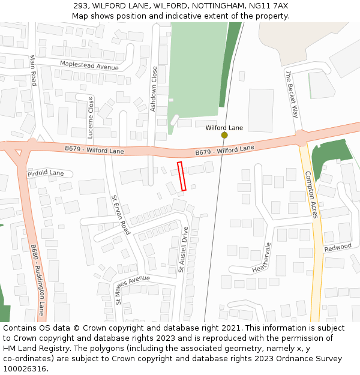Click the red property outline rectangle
coord(182,176)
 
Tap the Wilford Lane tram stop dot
coord(224,135)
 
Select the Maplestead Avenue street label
coord(89,65)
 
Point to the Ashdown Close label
coord(154,89)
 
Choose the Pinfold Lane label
coord(46,173)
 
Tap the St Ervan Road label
coord(121,215)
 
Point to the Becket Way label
coord(292,95)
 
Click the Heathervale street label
coord(262,257)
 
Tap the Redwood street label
coord(338,247)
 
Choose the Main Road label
coord(33,70)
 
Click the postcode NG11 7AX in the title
coord(272,5)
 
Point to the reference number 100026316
coord(25,368)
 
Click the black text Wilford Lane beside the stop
coord(224,128)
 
